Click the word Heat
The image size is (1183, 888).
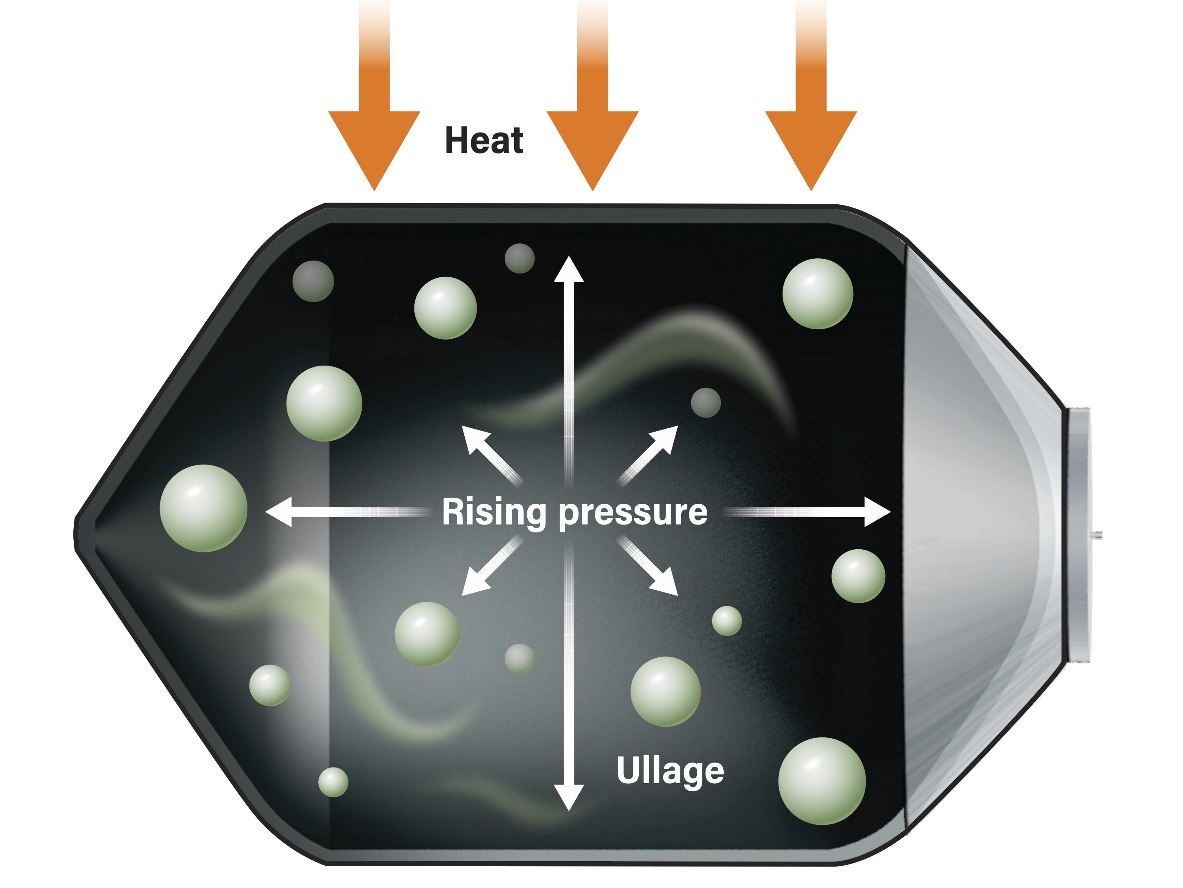[x=484, y=140]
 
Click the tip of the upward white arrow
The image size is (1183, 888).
[x=569, y=256]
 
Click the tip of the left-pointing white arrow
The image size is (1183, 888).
[x=265, y=512]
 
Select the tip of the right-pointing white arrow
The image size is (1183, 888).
[x=891, y=512]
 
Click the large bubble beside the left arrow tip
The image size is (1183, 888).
[x=203, y=508]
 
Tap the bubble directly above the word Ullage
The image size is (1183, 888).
[x=665, y=692]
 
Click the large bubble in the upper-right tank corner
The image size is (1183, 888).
[x=818, y=293]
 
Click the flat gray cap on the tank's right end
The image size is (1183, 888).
[x=1079, y=535]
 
